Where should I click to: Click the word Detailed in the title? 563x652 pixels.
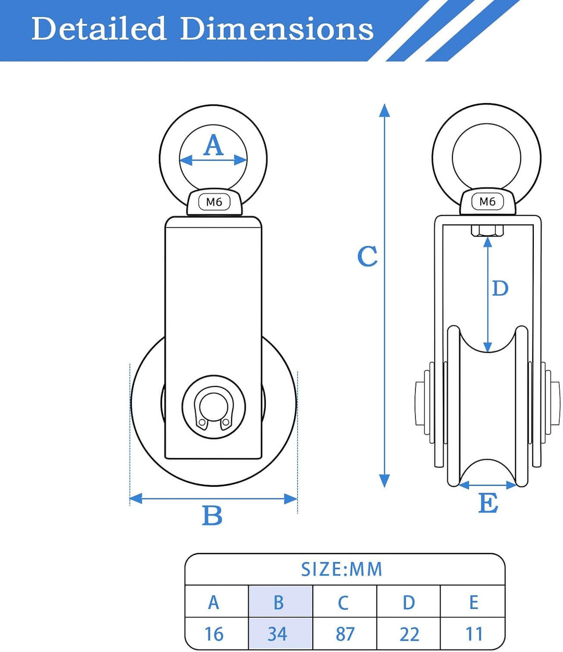pos(99,29)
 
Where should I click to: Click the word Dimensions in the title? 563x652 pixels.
pos(277,29)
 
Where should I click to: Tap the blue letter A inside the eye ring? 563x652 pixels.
pos(213,145)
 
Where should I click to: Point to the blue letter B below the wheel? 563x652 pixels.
pos(212,515)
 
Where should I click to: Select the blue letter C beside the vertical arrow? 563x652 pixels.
pos(367,256)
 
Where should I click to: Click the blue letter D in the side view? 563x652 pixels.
pos(500,289)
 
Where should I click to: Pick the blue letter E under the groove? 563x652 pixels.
pos(488,504)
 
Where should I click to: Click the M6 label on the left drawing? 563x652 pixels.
pos(214,202)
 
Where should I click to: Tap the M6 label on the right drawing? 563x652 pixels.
pos(487,201)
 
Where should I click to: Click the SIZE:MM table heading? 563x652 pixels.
pos(341,569)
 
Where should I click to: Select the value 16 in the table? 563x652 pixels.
pos(214,634)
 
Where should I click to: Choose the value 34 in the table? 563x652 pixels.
pos(277,634)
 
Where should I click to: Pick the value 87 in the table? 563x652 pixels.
pos(345,634)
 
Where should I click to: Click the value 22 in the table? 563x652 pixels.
pos(409,634)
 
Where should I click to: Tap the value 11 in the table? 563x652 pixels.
pos(474,634)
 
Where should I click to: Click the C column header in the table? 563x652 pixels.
pos(343,603)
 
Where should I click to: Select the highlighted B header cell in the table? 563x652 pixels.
pos(280,601)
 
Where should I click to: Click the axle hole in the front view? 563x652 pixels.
pos(214,406)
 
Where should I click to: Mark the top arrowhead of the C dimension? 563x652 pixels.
pos(384,111)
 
